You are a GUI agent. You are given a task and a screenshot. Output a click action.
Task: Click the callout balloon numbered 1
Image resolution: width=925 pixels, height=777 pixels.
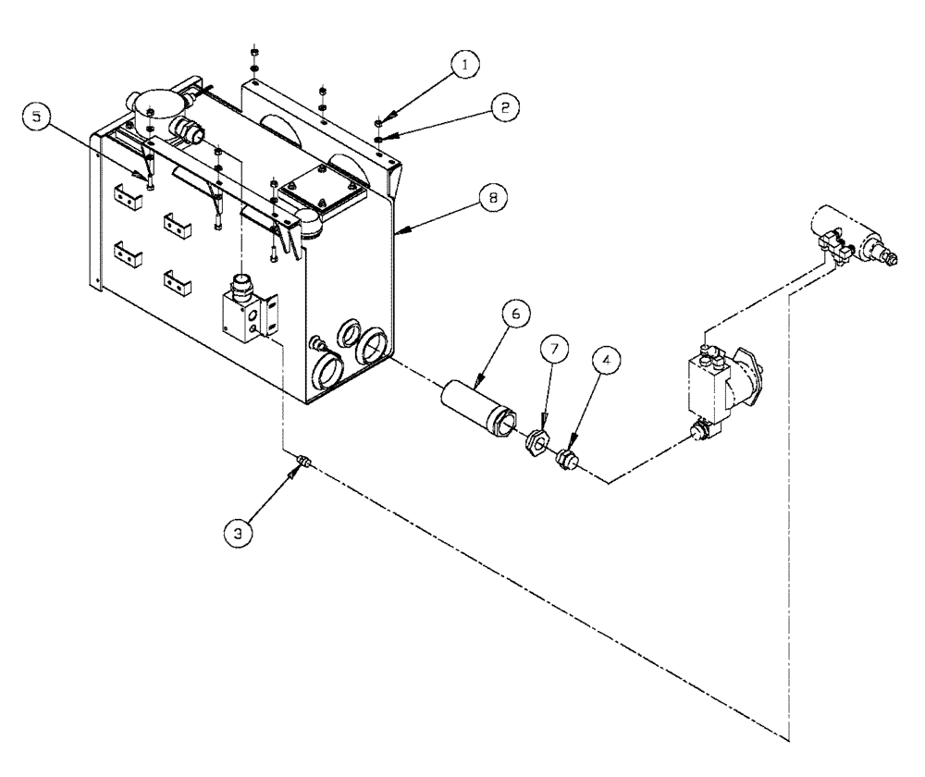[x=463, y=64]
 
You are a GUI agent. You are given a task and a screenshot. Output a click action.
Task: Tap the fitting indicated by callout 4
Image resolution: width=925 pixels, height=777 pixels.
[x=565, y=457]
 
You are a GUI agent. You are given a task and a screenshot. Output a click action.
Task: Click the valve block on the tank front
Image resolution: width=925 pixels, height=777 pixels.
[x=244, y=310]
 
